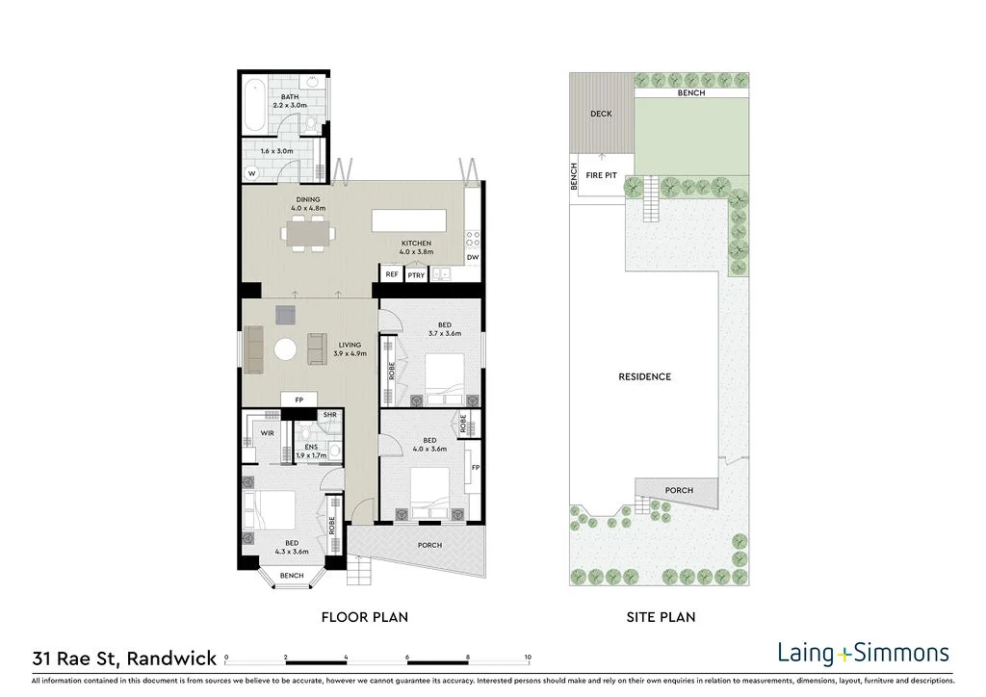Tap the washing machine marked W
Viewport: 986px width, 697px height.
[x=252, y=173]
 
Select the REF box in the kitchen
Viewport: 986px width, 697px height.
[x=392, y=274]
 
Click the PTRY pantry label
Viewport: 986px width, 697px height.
[x=416, y=275]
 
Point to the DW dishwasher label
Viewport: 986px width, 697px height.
[x=473, y=258]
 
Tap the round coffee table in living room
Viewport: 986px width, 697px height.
[x=286, y=348]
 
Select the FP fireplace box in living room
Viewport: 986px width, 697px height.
[x=298, y=400]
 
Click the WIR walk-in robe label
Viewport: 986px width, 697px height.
[x=267, y=433]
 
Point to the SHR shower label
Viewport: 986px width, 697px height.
[x=329, y=415]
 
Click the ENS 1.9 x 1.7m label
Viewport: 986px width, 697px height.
[x=312, y=451]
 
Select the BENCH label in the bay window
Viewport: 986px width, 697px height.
[x=291, y=576]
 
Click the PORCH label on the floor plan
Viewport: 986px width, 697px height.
[x=429, y=545]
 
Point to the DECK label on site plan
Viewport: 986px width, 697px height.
[x=601, y=114]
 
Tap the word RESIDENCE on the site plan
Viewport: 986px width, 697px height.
[x=644, y=376]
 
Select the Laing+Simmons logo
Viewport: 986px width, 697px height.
[x=863, y=653]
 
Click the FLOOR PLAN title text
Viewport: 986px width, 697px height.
[x=364, y=617]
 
